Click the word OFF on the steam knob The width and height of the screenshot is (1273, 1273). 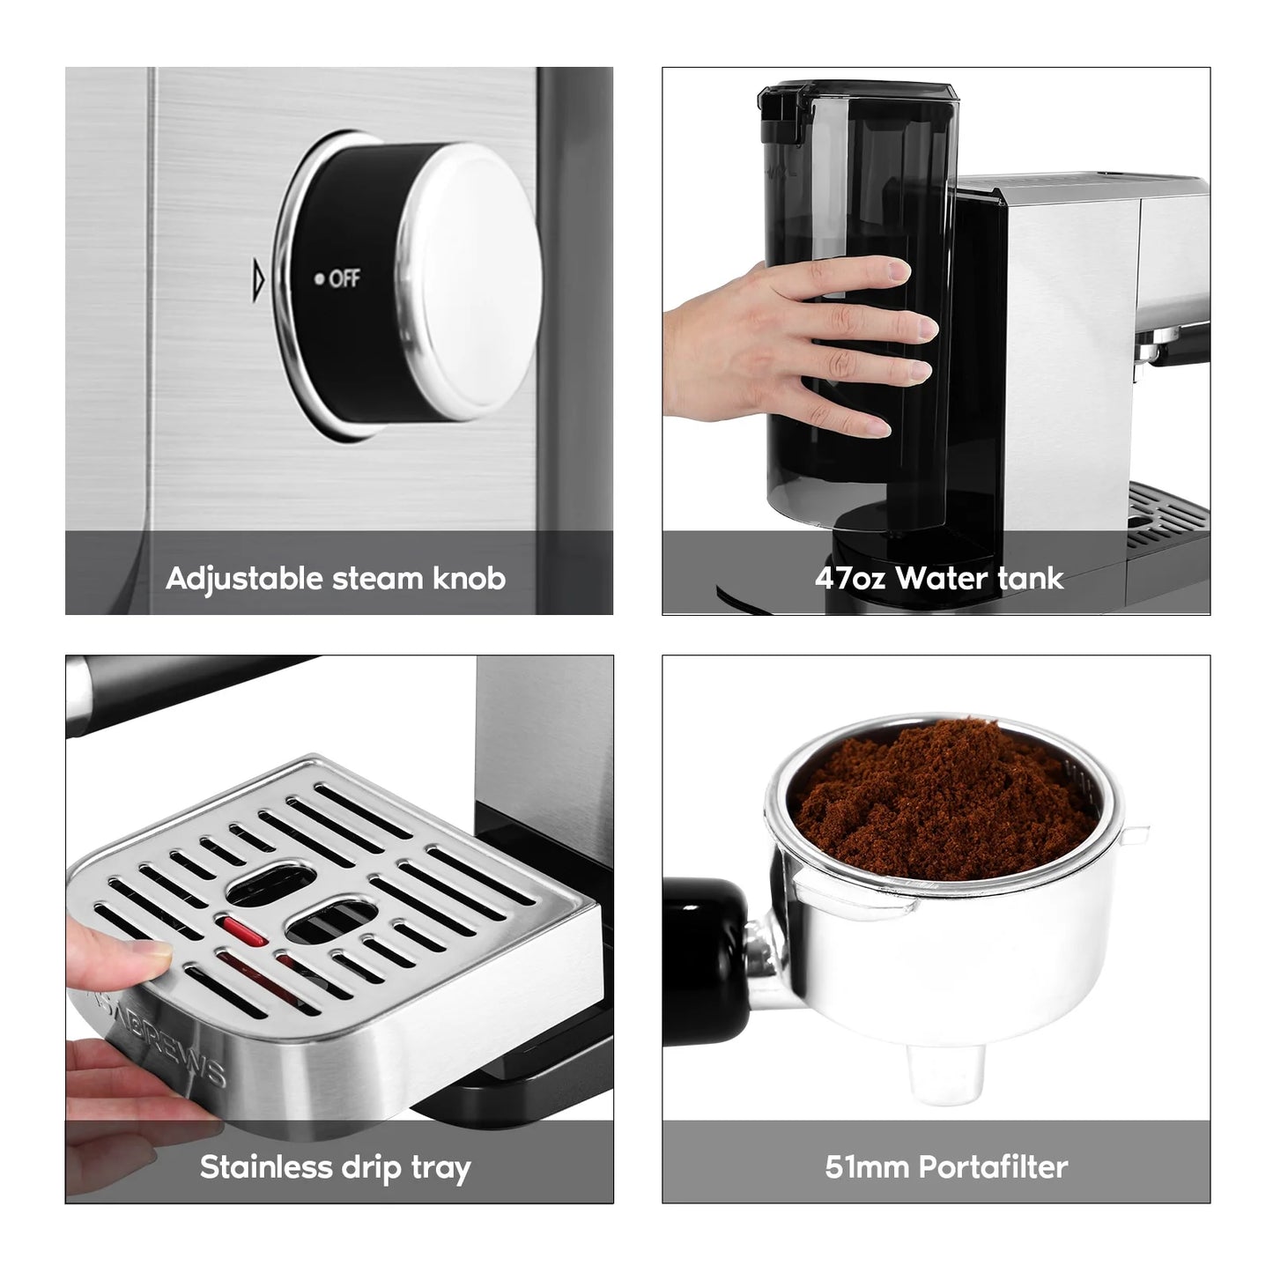pos(344,278)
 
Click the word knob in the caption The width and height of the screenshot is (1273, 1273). pos(470,578)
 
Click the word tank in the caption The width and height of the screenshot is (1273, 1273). pos(1031,579)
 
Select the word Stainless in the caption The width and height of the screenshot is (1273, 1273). pos(267,1167)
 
